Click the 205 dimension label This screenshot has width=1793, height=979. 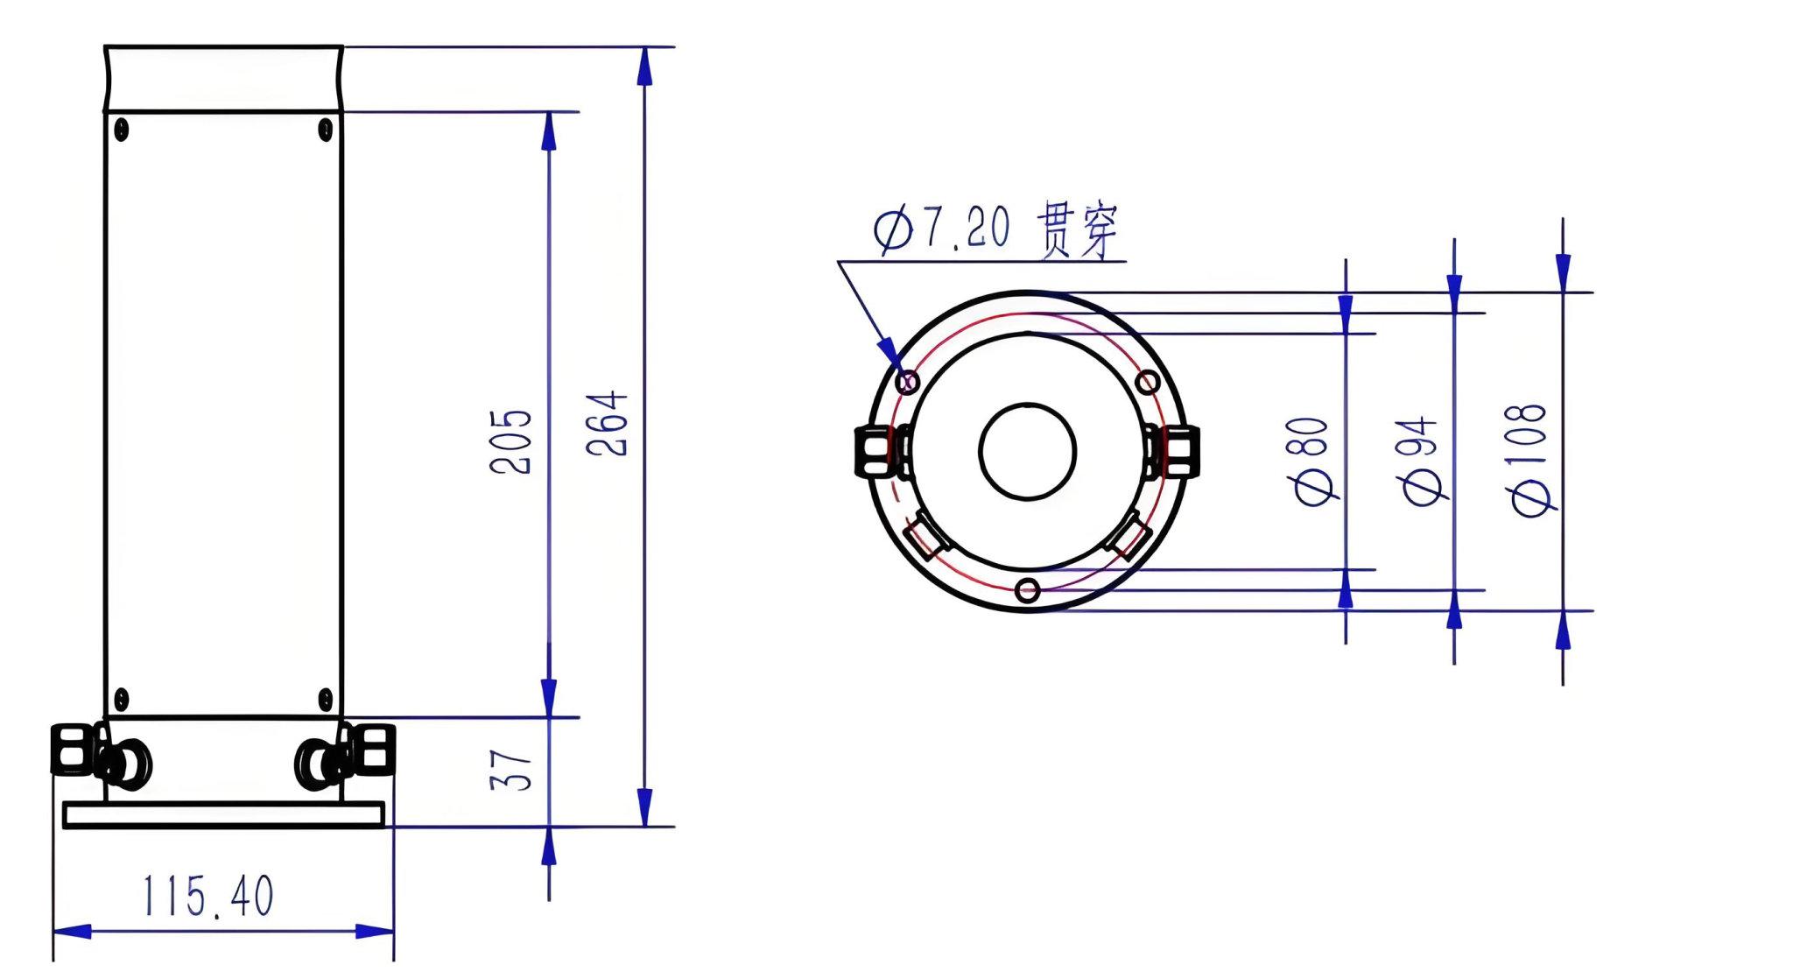(510, 441)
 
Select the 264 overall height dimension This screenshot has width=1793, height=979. (607, 424)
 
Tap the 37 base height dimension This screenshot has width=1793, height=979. (510, 770)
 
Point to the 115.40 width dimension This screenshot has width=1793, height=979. (208, 896)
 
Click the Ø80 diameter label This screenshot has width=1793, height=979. (1313, 461)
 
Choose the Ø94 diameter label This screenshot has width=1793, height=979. (1422, 461)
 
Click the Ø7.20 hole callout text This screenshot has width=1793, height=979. (942, 229)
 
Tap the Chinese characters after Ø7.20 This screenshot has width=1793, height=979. (1078, 229)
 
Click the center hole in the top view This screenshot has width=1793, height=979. (1028, 451)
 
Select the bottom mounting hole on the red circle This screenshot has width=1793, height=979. (1028, 590)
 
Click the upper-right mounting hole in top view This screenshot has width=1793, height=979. (1148, 382)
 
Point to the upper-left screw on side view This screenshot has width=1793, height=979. (122, 130)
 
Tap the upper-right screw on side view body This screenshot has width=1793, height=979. (325, 130)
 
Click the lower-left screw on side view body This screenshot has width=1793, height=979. (122, 699)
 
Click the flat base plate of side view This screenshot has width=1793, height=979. (224, 814)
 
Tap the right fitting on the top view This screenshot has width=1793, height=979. (1174, 451)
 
